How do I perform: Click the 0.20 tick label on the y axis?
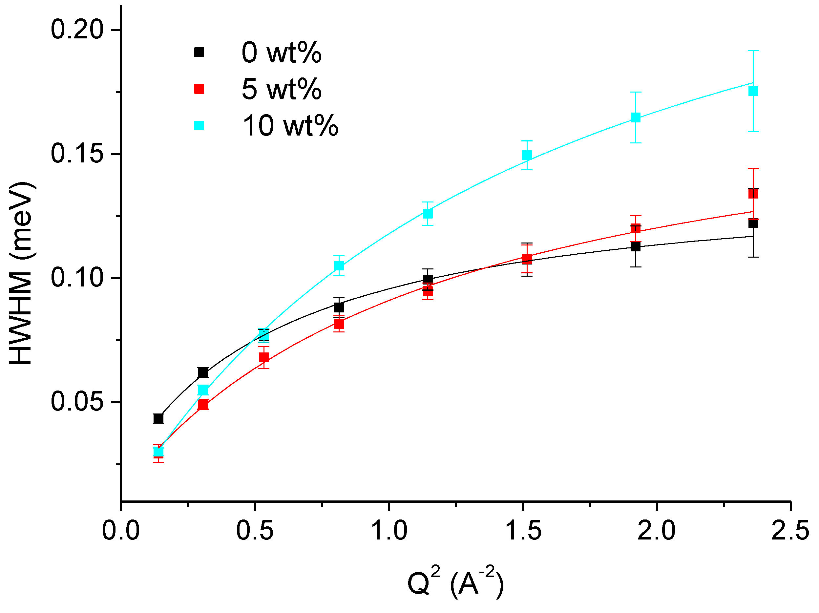click(77, 30)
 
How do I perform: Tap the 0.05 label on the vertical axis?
click(77, 402)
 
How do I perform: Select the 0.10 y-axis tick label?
click(77, 278)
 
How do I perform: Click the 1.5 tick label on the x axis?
click(523, 530)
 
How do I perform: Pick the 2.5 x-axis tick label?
click(790, 530)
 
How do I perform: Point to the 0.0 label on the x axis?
click(121, 530)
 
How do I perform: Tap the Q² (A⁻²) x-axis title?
click(455, 582)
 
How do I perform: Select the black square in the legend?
click(199, 52)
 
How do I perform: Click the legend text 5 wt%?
click(282, 89)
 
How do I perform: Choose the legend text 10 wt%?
click(290, 126)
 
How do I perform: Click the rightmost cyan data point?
click(753, 91)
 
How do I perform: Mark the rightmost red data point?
click(753, 194)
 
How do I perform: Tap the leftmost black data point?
click(158, 418)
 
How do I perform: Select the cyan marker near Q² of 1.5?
click(527, 155)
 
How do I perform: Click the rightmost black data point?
click(753, 223)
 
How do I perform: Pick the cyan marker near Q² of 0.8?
click(339, 265)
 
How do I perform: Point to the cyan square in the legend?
click(199, 126)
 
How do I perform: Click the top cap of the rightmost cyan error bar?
click(753, 51)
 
